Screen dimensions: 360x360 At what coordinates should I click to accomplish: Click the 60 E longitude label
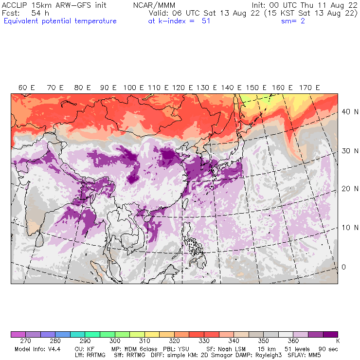(27, 88)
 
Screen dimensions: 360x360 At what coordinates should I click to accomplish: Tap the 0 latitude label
(343, 267)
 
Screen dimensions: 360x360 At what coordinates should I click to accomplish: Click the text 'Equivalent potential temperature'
(60, 21)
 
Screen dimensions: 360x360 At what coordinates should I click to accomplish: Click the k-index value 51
(206, 21)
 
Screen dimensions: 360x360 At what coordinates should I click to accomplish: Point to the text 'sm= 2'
(293, 21)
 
